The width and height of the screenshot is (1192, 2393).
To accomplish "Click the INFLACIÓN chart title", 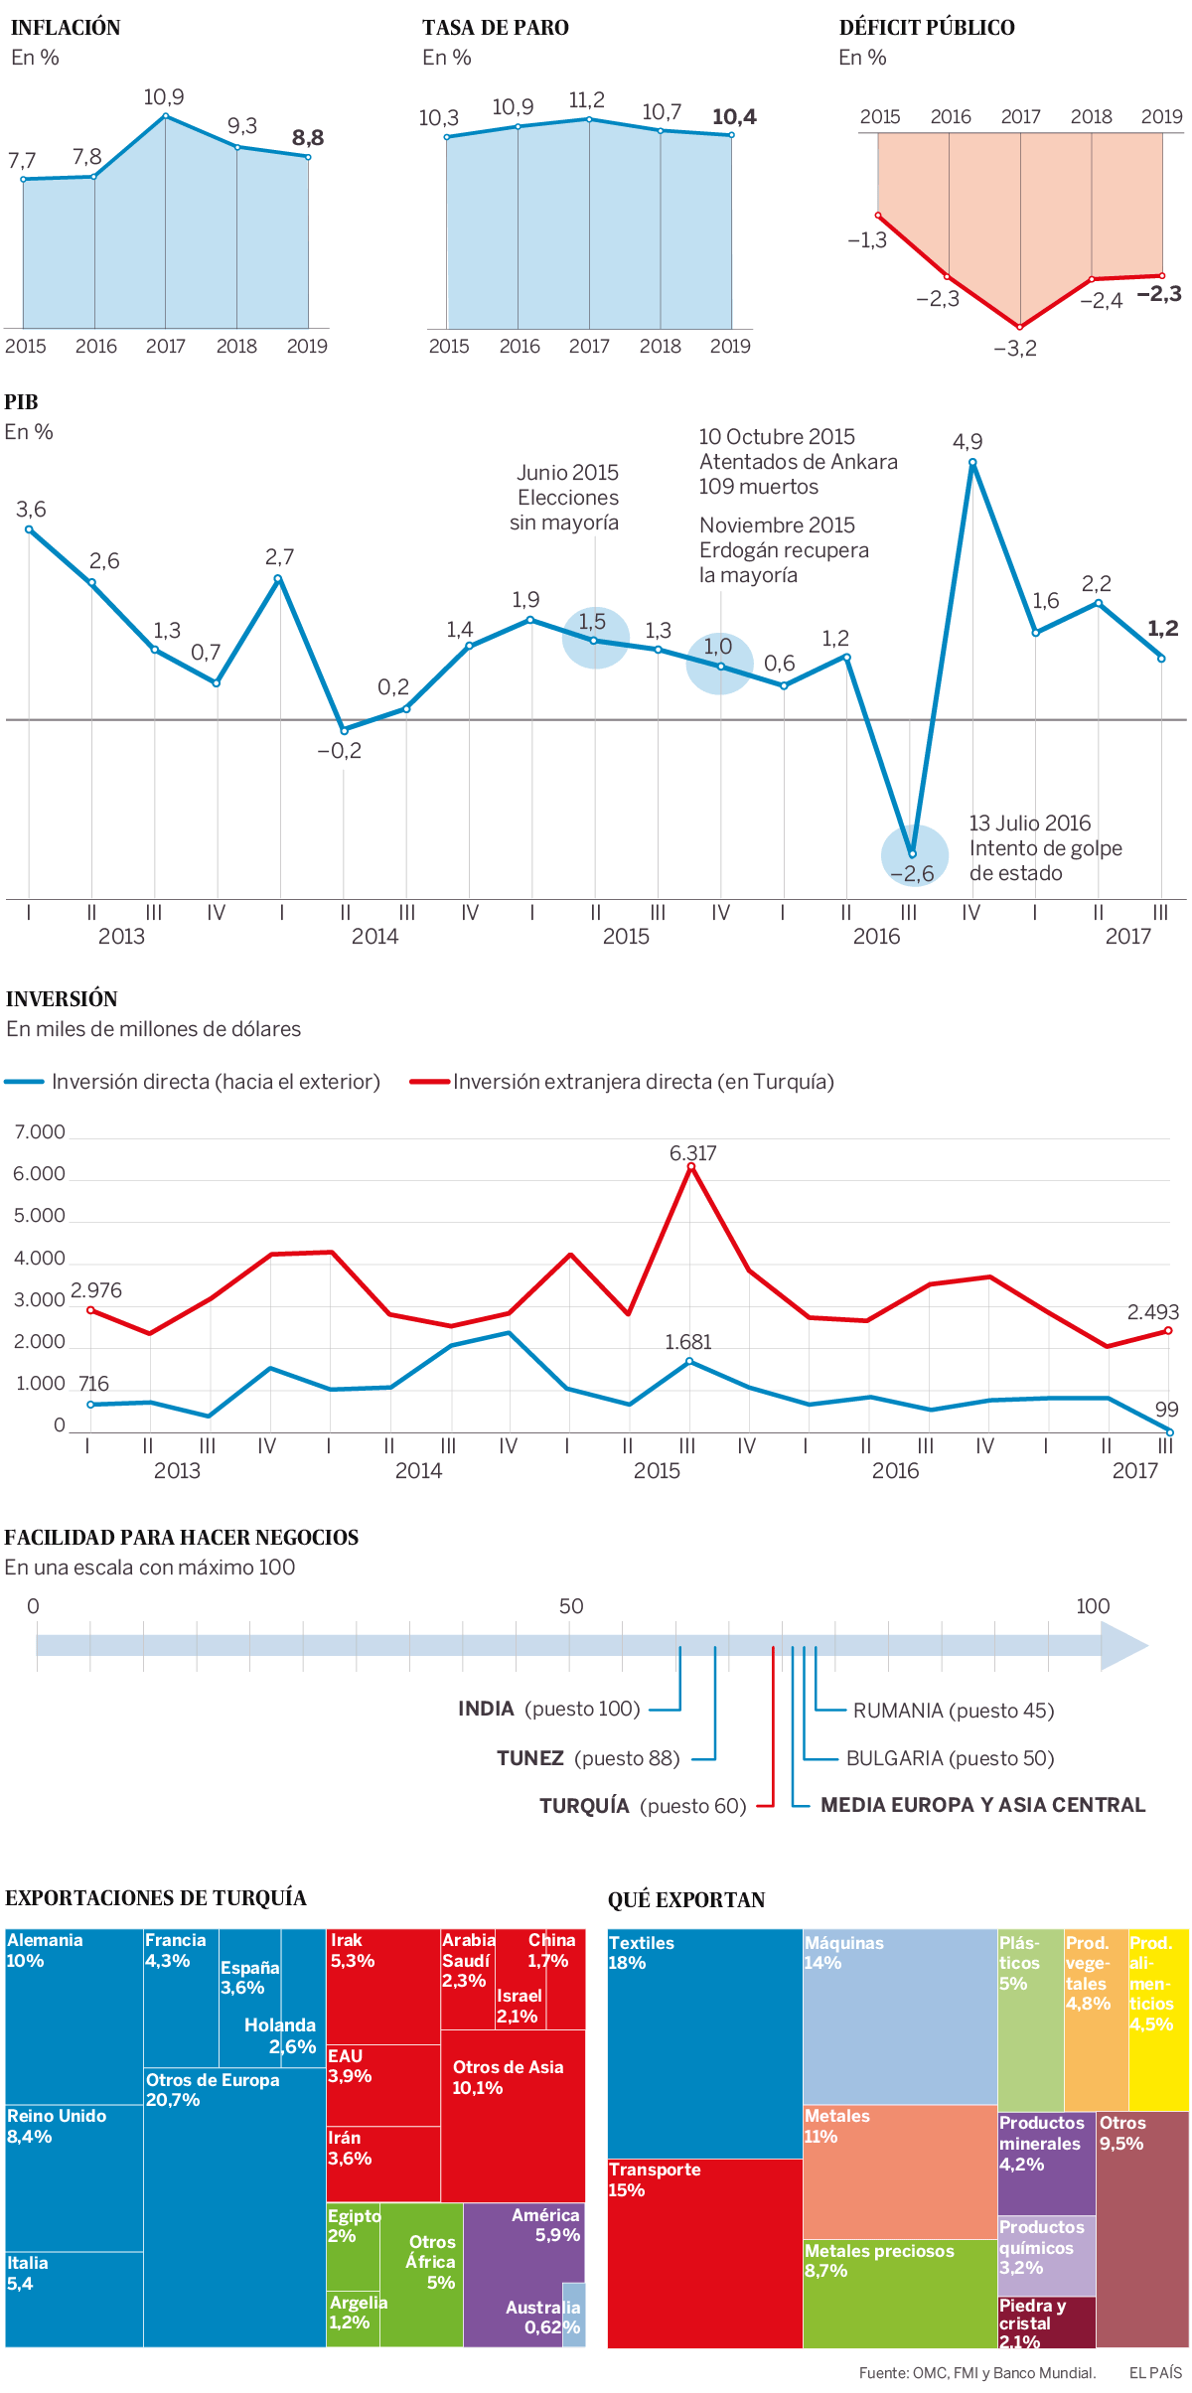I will coord(66,28).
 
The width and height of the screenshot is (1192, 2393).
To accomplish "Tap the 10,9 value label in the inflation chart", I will coord(164,97).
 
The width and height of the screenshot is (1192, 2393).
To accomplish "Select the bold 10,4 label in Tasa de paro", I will coord(734,117).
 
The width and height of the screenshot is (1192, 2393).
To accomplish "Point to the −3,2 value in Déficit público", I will coord(1015,348).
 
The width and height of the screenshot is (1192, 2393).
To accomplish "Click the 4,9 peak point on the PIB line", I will coord(972,463).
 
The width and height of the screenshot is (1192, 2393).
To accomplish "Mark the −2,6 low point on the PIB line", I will coord(912,853).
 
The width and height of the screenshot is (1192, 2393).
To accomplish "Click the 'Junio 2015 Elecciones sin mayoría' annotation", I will coord(565,498).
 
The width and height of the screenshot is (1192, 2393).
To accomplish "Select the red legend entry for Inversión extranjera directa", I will coord(623,1082).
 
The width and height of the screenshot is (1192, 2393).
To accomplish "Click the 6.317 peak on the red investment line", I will coord(691,1167).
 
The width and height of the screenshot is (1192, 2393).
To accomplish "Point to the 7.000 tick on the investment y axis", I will coord(40,1132).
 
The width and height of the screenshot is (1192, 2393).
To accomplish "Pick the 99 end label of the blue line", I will coord(1166,1410).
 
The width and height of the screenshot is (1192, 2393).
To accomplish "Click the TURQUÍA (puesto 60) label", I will coord(643,1806).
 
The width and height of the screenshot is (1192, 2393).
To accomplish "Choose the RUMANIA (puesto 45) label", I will coord(953,1711).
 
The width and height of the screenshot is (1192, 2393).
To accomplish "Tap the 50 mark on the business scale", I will coord(571,1606).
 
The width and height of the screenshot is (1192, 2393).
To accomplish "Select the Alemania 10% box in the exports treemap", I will coord(74,2017).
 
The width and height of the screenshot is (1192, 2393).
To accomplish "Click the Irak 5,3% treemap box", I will coord(382,1985).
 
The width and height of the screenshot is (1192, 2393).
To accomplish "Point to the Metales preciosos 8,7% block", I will coord(899,2292).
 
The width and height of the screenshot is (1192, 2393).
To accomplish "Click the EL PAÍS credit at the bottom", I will coord(1155,2373).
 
